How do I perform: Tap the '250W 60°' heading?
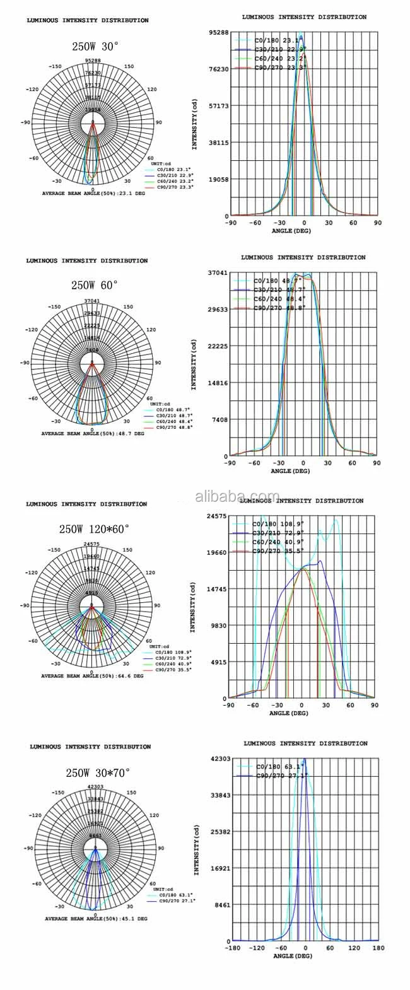[95, 285]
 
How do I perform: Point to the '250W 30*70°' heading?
[98, 772]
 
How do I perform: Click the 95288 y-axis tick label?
[218, 32]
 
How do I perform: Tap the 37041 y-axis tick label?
[218, 272]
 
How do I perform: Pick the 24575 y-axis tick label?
[217, 516]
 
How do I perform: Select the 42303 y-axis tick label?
[221, 759]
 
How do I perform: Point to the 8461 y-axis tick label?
[223, 905]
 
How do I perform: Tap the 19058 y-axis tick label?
[218, 179]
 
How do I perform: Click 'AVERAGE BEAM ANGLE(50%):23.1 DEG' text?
[94, 194]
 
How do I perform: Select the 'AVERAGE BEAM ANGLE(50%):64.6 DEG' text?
[93, 675]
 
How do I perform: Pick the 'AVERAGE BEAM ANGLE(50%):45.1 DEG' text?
[96, 919]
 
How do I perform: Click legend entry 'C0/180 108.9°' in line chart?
[278, 523]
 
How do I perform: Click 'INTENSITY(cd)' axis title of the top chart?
[195, 125]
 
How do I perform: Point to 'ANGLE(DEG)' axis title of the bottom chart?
[293, 957]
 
